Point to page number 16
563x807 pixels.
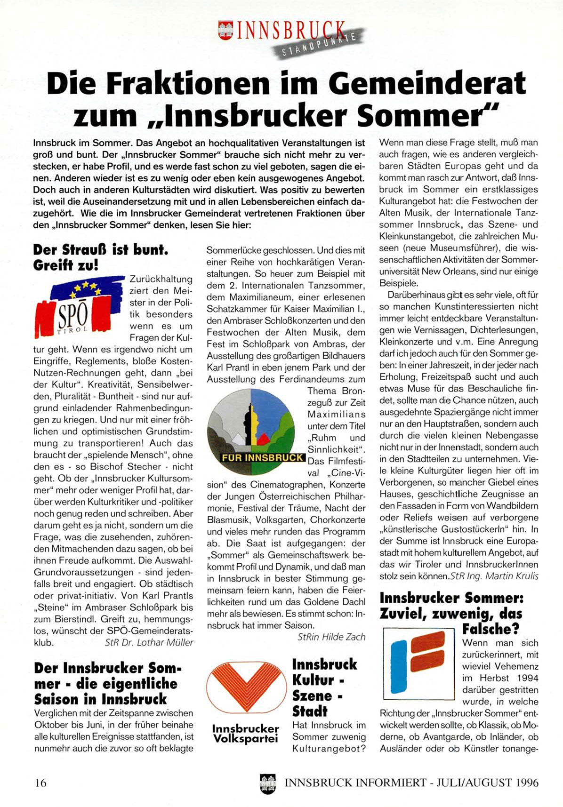click(x=40, y=783)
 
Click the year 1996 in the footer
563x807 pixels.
click(x=526, y=783)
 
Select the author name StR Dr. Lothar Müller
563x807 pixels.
click(x=149, y=642)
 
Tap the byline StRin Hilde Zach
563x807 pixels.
click(x=331, y=637)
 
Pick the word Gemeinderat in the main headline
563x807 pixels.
click(x=426, y=83)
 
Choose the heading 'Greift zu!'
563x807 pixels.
click(x=65, y=265)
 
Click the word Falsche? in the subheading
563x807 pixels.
click(x=491, y=629)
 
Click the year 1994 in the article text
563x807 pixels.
click(x=524, y=678)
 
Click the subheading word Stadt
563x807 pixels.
click(x=310, y=711)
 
